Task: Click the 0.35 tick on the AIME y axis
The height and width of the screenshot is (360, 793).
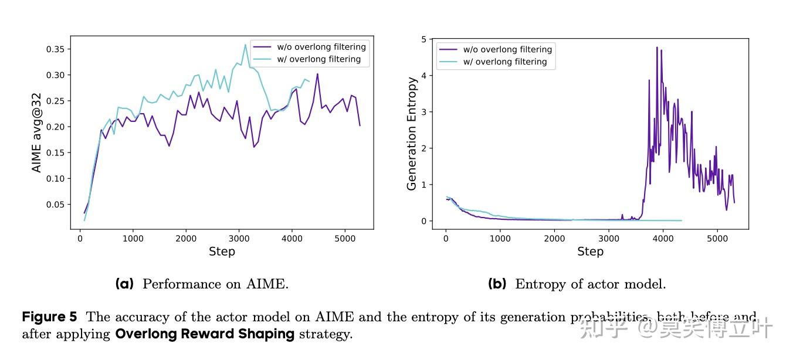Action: (56, 49)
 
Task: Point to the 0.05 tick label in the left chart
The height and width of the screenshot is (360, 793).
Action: (56, 205)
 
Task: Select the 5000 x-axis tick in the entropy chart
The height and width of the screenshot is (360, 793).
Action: (717, 239)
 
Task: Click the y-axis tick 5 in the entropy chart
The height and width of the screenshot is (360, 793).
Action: (431, 39)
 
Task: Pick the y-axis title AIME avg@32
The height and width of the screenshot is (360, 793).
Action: (36, 133)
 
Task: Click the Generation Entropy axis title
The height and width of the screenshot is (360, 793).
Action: (412, 133)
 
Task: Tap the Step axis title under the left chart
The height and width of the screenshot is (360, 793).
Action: (222, 252)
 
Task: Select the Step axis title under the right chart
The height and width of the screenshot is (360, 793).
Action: (590, 252)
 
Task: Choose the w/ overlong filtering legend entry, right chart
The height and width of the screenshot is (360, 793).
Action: (505, 62)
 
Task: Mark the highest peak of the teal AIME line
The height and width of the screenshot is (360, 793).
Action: (245, 45)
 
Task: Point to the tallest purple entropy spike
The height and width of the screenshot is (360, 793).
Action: (657, 47)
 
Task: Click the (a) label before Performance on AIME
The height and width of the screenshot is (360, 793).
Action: (124, 284)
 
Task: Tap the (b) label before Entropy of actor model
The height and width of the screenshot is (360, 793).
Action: (497, 284)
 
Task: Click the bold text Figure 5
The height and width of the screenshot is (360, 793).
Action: (49, 317)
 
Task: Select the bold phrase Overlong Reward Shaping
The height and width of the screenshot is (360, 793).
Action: (205, 335)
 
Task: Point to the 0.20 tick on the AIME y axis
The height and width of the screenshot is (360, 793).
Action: (56, 127)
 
